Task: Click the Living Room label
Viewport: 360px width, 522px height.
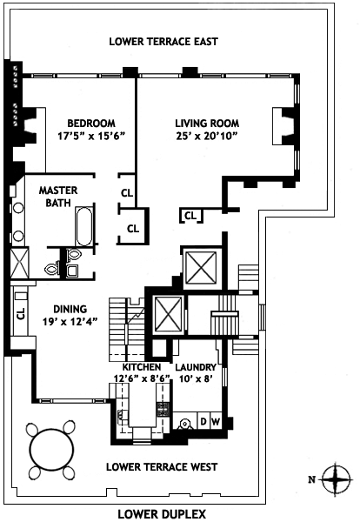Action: [x=207, y=124]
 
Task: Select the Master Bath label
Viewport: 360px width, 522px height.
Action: [x=58, y=197]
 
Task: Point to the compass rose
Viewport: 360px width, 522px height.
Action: [x=337, y=479]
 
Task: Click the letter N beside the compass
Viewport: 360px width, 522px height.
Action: [x=312, y=479]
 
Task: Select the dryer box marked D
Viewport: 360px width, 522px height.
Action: [x=203, y=422]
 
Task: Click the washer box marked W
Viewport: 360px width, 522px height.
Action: [x=216, y=422]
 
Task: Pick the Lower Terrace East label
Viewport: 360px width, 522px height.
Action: [x=163, y=42]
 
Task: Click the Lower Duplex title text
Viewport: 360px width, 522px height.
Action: [x=162, y=514]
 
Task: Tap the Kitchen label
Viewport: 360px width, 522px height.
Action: [x=142, y=367]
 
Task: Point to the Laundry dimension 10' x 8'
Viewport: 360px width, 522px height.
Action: [x=197, y=378]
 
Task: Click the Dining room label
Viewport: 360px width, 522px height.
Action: [x=70, y=309]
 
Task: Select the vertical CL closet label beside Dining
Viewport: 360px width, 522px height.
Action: [x=21, y=313]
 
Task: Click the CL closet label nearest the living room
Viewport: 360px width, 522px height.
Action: [x=190, y=216]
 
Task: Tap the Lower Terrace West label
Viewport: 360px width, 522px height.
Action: [x=162, y=467]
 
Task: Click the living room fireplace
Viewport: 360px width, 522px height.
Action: [x=283, y=126]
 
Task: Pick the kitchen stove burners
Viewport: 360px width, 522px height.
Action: [x=163, y=410]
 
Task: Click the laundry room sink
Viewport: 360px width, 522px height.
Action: [x=184, y=424]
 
